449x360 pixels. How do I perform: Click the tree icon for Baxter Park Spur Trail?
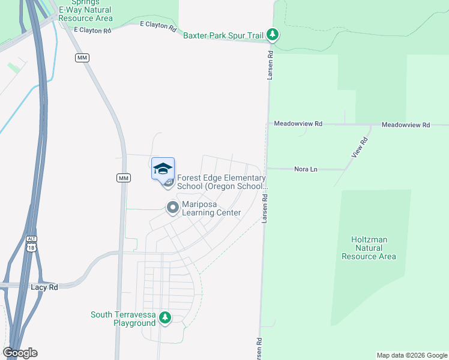[273, 34]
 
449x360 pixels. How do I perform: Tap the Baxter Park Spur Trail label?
[224, 35]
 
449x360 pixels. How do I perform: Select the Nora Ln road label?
[306, 169]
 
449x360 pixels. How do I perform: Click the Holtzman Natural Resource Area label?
[369, 248]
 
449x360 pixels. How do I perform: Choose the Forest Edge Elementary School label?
[222, 182]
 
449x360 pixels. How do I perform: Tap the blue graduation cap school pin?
[163, 169]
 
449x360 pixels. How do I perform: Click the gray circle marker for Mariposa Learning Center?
[173, 208]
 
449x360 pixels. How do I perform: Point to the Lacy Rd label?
[44, 287]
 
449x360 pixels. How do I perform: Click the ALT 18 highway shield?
[31, 242]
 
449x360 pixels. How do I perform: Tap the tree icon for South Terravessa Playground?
[165, 318]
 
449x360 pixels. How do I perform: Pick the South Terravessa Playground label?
[123, 319]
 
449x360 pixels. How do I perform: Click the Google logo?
[20, 353]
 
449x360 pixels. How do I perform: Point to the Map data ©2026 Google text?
[411, 355]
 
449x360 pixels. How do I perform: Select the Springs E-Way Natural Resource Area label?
[83, 11]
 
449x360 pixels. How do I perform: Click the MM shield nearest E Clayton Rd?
[82, 58]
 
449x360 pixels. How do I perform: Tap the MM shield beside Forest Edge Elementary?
[123, 178]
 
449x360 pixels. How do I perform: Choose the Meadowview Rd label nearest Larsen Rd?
[298, 124]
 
